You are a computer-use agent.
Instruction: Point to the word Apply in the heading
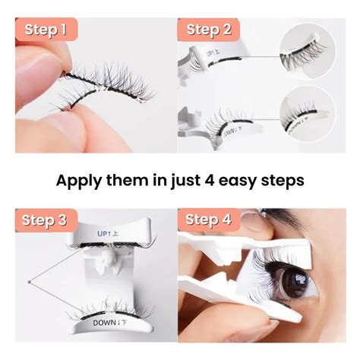pos(82,181)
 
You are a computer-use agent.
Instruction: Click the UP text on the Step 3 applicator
pos(106,231)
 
